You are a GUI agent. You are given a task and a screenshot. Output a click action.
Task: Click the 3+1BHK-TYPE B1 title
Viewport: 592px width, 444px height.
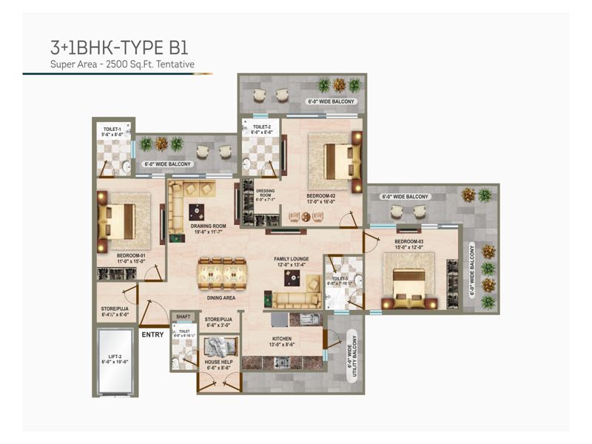[118, 49]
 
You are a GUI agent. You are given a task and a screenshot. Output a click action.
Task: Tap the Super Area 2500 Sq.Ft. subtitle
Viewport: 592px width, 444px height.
[122, 65]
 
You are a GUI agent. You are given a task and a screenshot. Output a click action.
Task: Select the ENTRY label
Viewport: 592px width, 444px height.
[152, 334]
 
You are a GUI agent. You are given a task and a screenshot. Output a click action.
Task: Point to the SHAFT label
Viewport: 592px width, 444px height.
[182, 316]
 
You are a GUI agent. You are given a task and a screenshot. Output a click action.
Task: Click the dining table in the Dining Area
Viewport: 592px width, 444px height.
[221, 274]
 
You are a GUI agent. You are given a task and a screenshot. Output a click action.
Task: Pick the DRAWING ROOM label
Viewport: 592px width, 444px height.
[208, 229]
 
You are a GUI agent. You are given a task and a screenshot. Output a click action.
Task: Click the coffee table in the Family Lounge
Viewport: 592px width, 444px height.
[290, 278]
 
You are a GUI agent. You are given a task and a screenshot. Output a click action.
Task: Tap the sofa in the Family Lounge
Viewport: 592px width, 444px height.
[296, 299]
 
